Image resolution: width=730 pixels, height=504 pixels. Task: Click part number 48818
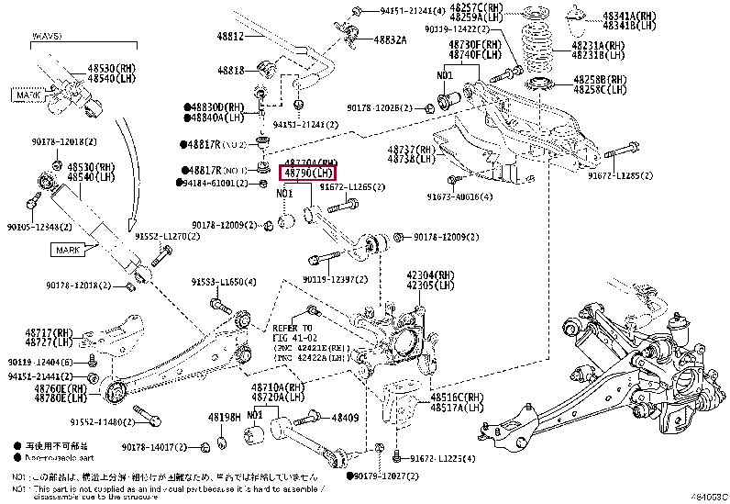tap(232, 70)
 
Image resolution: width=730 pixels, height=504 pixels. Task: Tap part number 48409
tap(345, 418)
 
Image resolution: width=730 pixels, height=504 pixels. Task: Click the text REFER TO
tap(292, 328)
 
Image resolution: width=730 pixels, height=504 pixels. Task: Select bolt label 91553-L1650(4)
tap(224, 281)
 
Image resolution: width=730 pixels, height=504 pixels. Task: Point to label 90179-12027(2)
tap(389, 477)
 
